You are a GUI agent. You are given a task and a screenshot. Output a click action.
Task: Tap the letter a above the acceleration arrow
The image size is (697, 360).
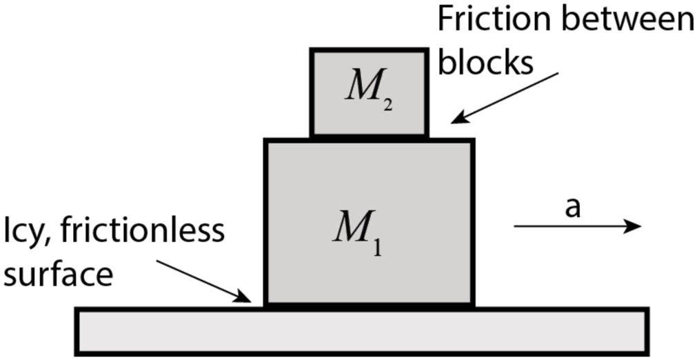572,208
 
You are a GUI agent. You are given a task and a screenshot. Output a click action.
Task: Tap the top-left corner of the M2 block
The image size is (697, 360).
312,51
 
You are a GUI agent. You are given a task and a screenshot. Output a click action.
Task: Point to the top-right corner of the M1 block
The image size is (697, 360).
473,141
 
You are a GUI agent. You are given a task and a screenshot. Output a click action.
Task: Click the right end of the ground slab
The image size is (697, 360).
646,332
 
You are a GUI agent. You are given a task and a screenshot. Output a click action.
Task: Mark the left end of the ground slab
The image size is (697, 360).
77,332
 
